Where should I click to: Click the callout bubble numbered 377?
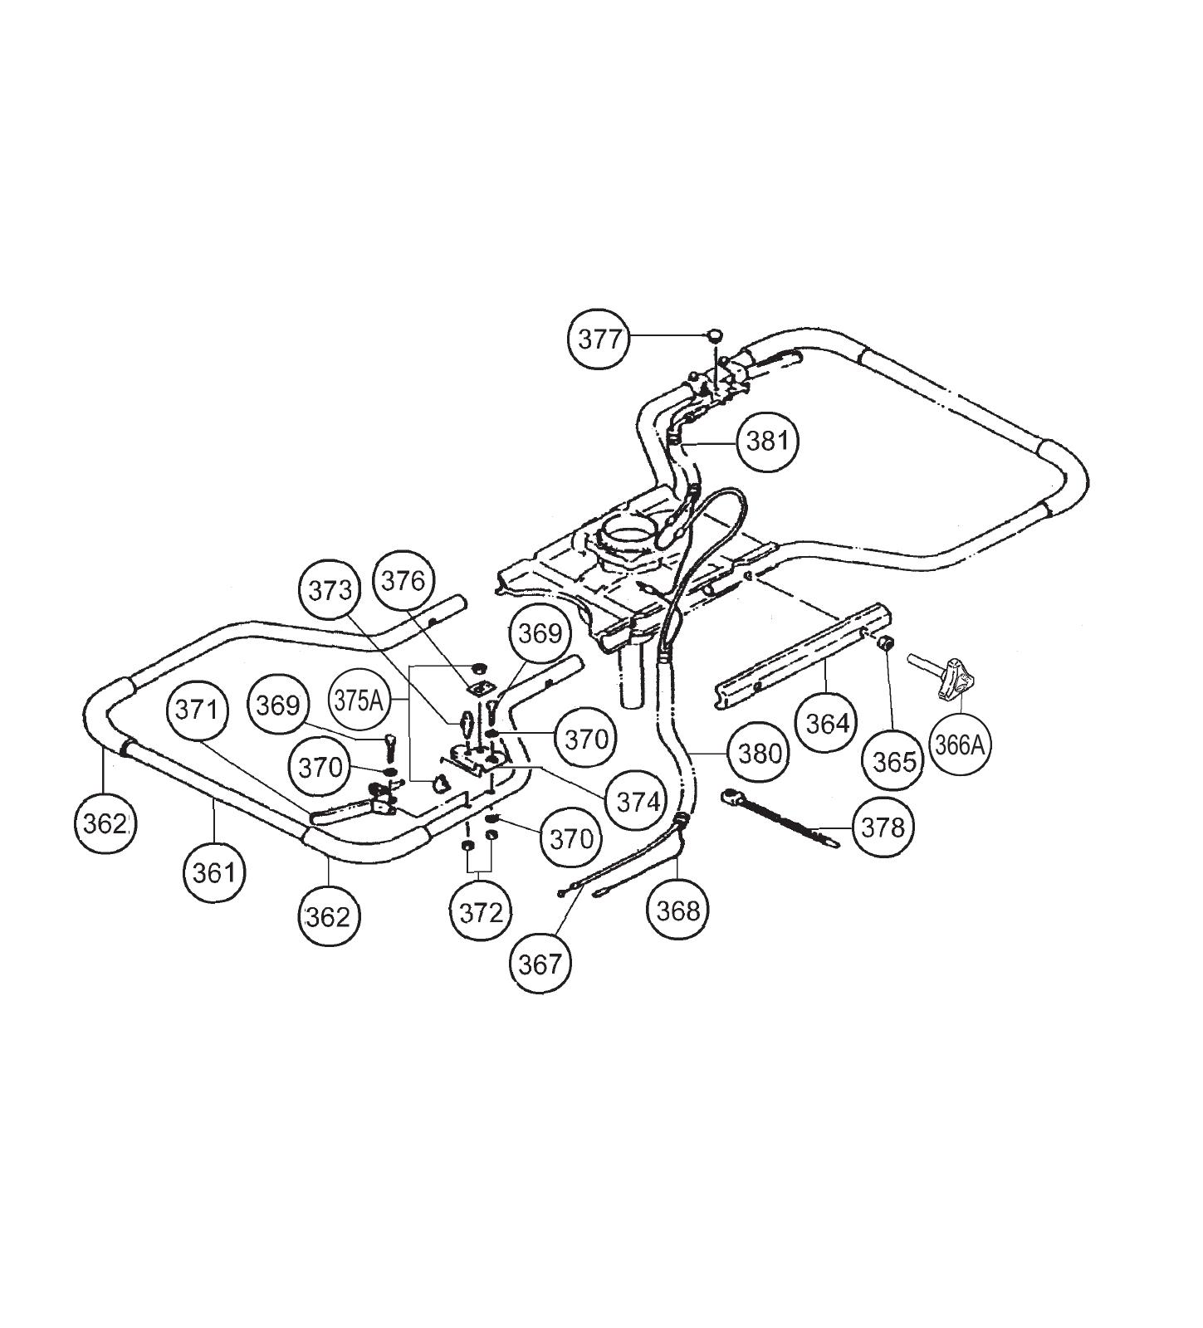coord(599,339)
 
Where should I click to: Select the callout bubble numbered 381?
coord(767,440)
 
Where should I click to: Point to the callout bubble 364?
coord(828,723)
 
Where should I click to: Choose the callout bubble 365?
coord(894,761)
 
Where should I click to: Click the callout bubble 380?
coord(759,753)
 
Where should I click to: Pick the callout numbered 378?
coord(882,827)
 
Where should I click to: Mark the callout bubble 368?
coord(678,911)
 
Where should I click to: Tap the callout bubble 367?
coord(540,964)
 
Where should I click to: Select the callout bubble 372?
coord(481,913)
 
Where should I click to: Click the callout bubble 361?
coord(214,872)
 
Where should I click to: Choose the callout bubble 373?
coord(330,590)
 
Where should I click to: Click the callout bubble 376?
coord(403,580)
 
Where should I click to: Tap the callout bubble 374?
coord(638,801)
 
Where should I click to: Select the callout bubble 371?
coord(197,710)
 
